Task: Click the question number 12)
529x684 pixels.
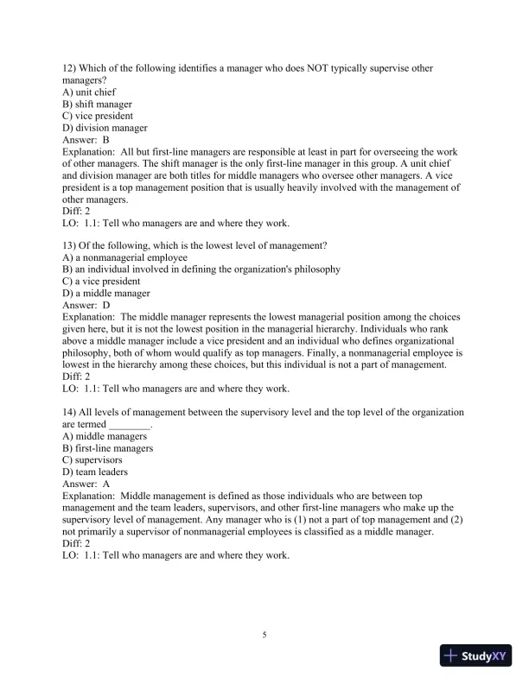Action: point(71,68)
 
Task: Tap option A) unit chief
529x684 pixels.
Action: point(90,92)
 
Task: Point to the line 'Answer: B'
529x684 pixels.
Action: point(86,140)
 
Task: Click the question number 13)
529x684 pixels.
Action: point(71,245)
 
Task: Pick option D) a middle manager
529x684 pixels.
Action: point(106,293)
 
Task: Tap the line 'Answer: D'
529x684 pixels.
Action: point(86,305)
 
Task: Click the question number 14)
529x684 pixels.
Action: point(71,412)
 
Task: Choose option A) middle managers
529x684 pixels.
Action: point(105,436)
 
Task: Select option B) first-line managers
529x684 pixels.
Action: point(108,448)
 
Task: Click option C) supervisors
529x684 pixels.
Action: point(92,460)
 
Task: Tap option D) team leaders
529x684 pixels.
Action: point(95,472)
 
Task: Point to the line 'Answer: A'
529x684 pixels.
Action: point(86,484)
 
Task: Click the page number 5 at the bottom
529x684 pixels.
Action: point(265,635)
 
